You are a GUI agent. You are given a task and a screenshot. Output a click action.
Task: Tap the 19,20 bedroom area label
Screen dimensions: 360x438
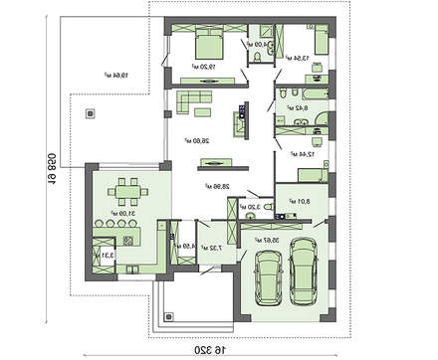207,70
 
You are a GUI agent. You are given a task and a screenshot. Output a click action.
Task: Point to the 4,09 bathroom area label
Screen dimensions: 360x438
257,44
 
